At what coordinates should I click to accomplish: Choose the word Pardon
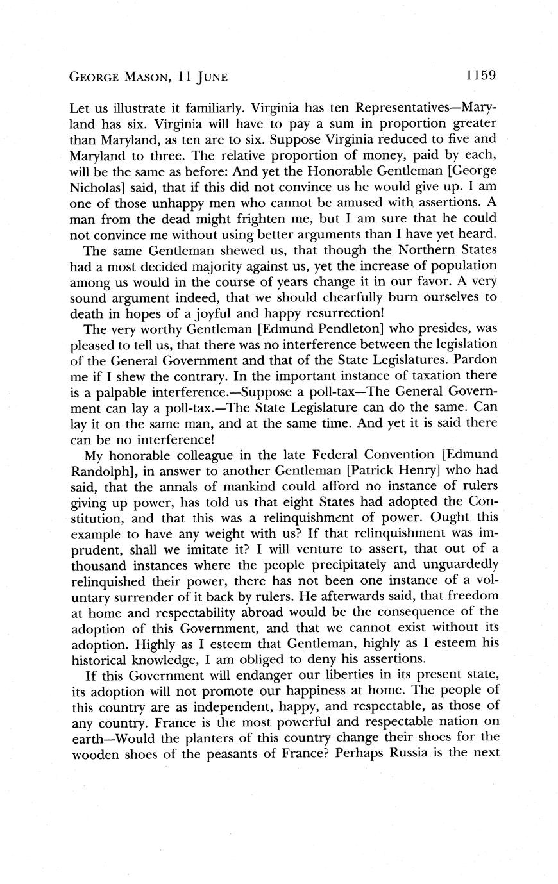click(x=474, y=362)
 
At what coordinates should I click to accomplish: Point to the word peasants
click(x=243, y=753)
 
